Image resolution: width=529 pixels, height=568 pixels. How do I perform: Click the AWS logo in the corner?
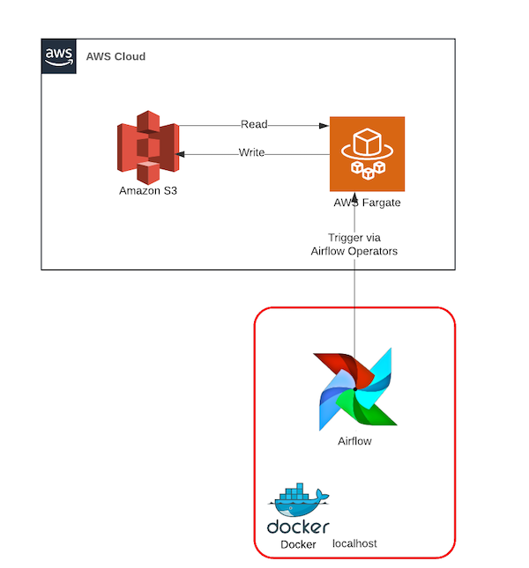(58, 55)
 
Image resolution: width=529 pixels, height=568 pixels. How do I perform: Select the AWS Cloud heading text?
(115, 56)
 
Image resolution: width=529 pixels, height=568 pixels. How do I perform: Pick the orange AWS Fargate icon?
(367, 153)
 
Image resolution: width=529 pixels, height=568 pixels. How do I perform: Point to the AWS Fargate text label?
(367, 203)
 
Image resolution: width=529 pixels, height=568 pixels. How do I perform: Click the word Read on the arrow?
(254, 125)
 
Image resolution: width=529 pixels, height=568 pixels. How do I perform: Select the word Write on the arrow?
(251, 153)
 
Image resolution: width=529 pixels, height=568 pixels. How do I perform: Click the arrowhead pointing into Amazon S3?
(180, 154)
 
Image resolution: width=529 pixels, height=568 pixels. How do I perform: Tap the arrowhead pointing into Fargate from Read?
(324, 126)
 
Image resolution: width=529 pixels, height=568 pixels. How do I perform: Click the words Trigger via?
(354, 238)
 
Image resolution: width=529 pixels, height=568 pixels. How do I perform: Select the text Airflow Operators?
(354, 251)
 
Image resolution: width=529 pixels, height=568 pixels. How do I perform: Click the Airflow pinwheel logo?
(354, 388)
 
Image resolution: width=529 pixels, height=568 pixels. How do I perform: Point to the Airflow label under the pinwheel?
(354, 441)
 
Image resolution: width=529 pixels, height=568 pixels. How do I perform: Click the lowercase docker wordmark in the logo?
(298, 527)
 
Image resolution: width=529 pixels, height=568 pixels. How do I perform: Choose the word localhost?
(354, 544)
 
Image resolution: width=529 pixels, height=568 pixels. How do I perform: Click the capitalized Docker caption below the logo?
(298, 544)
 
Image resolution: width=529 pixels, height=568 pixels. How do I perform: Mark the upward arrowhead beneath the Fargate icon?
(354, 197)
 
